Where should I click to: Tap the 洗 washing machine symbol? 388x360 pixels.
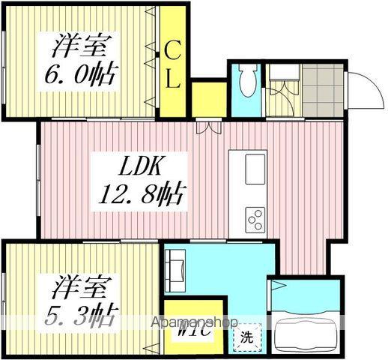[x=246, y=337]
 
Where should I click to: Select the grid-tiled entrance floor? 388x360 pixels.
[x=322, y=89]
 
